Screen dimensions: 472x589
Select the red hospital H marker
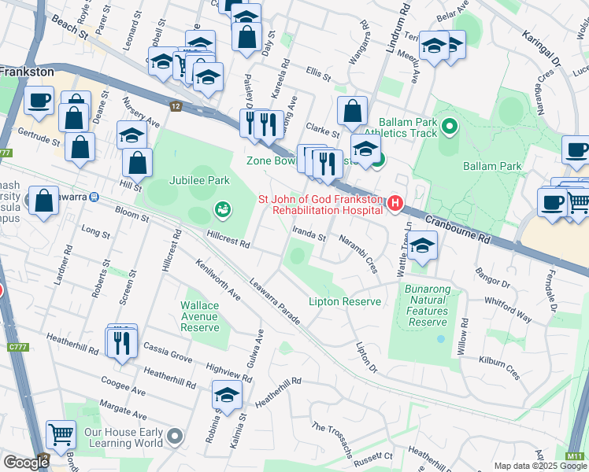coord(395,204)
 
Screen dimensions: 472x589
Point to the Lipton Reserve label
coord(345,302)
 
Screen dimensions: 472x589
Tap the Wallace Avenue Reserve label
coord(199,316)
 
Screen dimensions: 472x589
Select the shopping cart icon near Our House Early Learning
coord(61,433)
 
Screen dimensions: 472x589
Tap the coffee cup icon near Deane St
coord(39,100)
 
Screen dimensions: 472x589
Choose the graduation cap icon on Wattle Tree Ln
coord(422,246)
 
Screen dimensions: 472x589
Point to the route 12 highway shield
coord(176,105)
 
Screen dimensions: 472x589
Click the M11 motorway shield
coord(575,455)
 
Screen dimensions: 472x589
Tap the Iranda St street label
coord(309,235)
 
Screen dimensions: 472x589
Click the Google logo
coord(26,463)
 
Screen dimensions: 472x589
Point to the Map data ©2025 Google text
coord(540,466)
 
